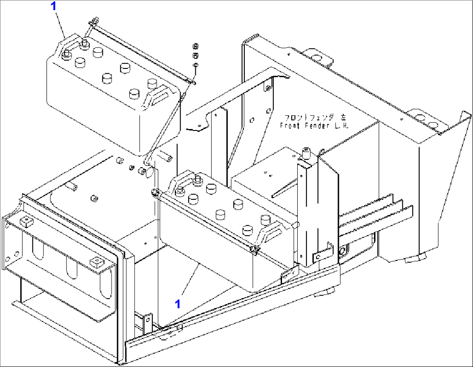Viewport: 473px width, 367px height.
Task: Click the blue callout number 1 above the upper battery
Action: coord(54,6)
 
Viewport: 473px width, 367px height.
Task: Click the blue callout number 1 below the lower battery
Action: coord(177,304)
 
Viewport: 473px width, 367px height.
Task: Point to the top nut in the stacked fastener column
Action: coord(195,46)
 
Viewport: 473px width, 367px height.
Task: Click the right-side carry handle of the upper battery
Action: coord(160,95)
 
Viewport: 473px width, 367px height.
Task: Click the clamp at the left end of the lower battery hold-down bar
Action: coord(155,192)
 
